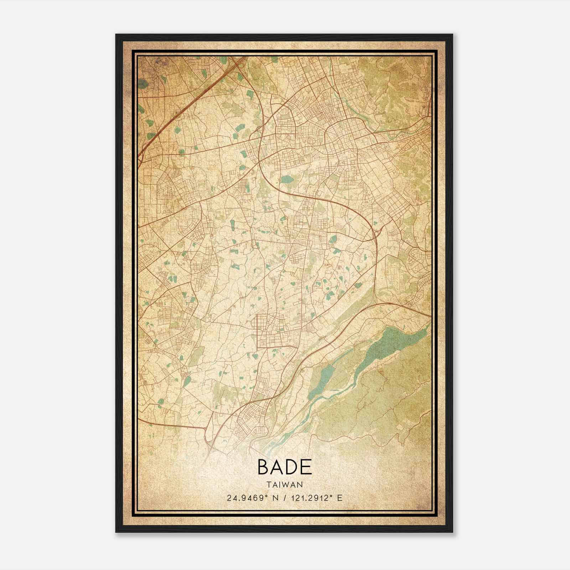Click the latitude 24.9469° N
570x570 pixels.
click(x=252, y=498)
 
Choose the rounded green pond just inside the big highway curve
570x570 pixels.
click(x=286, y=179)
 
